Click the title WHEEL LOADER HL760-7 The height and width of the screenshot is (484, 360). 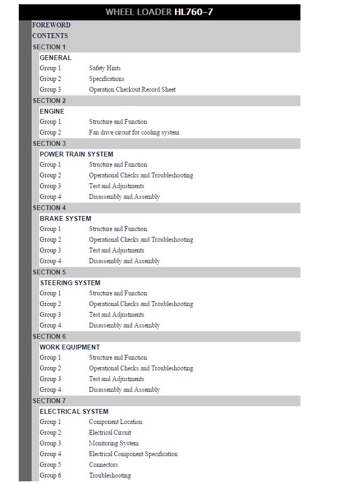click(x=159, y=12)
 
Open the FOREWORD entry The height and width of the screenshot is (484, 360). click(x=51, y=25)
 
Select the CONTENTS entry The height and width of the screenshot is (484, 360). click(x=50, y=36)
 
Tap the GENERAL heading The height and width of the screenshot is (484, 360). click(x=55, y=58)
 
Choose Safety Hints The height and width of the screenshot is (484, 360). click(x=105, y=68)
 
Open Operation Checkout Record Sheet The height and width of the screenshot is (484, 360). click(x=132, y=90)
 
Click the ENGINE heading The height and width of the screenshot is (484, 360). click(x=52, y=111)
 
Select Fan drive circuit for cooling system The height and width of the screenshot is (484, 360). click(x=134, y=132)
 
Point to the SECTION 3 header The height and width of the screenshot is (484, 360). click(x=49, y=144)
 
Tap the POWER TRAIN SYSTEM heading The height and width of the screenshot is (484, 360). click(x=76, y=154)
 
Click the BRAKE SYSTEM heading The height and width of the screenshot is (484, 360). click(x=65, y=219)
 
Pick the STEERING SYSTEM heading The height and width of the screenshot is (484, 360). click(x=70, y=283)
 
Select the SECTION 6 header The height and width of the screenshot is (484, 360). click(x=49, y=337)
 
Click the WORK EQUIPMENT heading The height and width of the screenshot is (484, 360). click(x=70, y=347)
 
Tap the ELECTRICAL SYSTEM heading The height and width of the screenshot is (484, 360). click(x=74, y=412)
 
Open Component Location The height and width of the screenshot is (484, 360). click(x=115, y=422)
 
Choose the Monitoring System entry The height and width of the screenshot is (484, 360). click(x=114, y=443)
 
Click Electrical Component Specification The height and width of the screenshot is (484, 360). click(x=133, y=454)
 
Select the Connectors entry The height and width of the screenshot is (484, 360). click(x=104, y=465)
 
